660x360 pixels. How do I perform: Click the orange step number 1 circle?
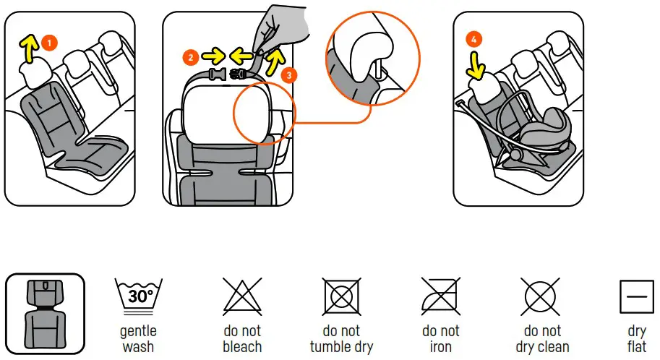coord(49,43)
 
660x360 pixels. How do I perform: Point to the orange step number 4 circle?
coord(473,40)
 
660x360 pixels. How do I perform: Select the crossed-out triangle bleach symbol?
coord(241,296)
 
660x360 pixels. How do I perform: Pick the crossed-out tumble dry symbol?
coord(341,296)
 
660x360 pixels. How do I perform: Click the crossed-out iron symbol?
coord(441,296)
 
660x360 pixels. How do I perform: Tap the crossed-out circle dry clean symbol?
coord(541,296)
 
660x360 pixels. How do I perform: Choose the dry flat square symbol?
coord(637,296)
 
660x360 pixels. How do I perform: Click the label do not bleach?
coord(241,339)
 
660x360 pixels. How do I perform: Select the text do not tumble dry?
coord(341,339)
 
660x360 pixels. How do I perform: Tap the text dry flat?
coord(637,339)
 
